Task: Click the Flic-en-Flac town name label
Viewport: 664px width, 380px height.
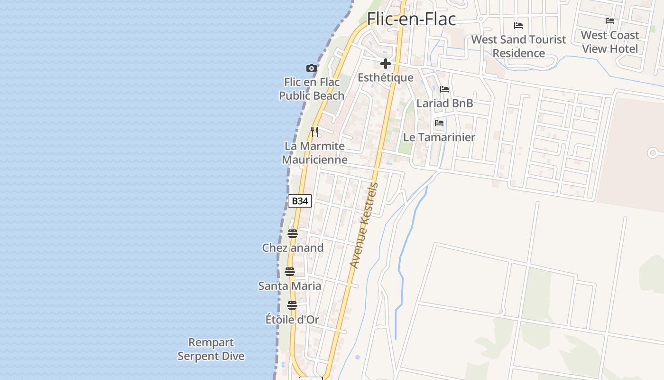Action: click(x=411, y=19)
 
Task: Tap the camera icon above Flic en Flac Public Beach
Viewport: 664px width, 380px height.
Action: click(x=311, y=68)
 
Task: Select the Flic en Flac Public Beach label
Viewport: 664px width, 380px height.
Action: click(x=312, y=89)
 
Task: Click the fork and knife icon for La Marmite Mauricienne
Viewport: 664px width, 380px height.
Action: click(x=314, y=131)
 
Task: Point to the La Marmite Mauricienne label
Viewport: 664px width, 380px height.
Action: click(x=314, y=152)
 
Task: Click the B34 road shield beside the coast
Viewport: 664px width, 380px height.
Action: click(x=300, y=201)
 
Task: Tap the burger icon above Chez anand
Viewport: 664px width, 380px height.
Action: click(x=292, y=234)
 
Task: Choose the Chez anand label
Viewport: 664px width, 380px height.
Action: click(x=293, y=247)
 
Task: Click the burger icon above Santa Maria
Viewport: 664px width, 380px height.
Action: click(x=289, y=272)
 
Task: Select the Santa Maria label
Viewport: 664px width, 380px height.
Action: click(x=289, y=285)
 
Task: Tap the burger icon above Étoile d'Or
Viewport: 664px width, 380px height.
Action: click(x=292, y=305)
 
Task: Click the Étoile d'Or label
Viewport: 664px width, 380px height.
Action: click(x=292, y=319)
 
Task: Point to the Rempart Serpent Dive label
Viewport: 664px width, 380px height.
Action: click(x=211, y=349)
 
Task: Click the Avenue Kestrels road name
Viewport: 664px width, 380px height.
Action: click(x=364, y=226)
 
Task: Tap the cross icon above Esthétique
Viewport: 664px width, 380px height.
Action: click(x=385, y=64)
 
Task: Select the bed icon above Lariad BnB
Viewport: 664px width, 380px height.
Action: click(x=444, y=89)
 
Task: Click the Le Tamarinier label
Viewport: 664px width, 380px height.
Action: click(x=439, y=137)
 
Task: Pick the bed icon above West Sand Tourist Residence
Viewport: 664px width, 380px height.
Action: click(x=518, y=26)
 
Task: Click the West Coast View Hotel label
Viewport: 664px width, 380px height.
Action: click(x=610, y=42)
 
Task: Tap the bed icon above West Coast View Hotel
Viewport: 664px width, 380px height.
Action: click(x=610, y=21)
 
